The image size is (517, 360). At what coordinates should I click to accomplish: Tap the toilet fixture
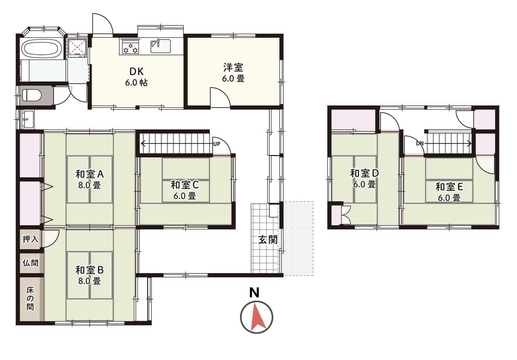tap(32, 95)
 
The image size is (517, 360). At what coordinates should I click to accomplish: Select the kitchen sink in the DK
tap(161, 46)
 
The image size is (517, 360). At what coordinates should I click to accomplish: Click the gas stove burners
tap(130, 47)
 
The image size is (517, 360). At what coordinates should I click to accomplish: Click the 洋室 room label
tap(233, 68)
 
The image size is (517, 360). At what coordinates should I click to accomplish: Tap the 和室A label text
tap(90, 174)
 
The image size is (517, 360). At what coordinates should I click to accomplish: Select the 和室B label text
tap(90, 270)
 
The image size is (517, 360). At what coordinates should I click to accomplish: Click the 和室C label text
tap(185, 185)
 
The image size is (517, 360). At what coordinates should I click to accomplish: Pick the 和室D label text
tap(365, 173)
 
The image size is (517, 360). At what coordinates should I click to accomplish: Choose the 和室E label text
tap(449, 187)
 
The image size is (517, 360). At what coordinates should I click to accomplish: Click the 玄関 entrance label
tap(268, 240)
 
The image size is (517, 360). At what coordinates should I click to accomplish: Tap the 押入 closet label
tap(31, 239)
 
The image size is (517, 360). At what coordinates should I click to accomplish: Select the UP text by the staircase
tap(216, 144)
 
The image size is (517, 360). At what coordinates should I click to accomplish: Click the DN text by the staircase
tap(420, 143)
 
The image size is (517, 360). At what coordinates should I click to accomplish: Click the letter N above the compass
tap(254, 292)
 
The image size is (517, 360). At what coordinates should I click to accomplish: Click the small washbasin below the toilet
tap(29, 119)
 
